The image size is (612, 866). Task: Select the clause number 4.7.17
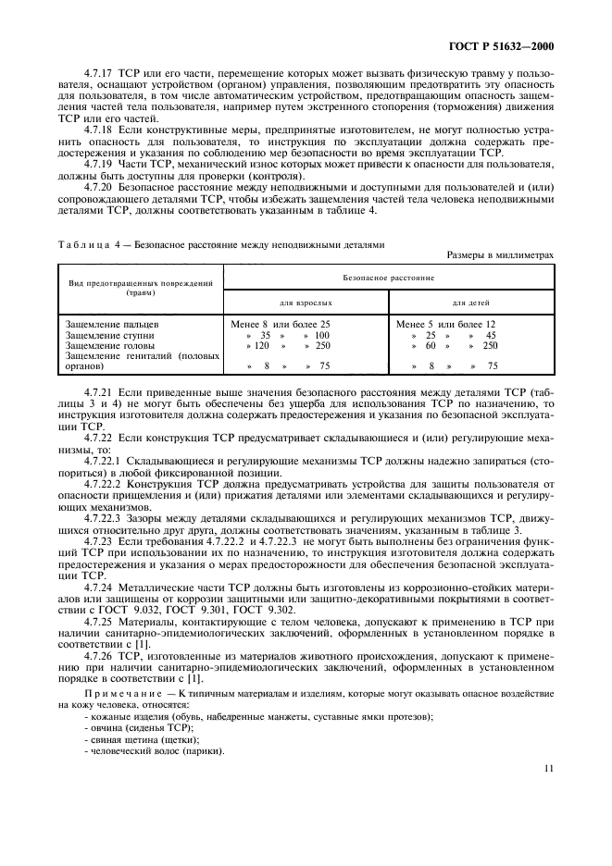[x=95, y=97]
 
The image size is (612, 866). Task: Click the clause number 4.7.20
[x=95, y=186]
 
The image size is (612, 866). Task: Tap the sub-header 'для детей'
[x=470, y=303]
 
